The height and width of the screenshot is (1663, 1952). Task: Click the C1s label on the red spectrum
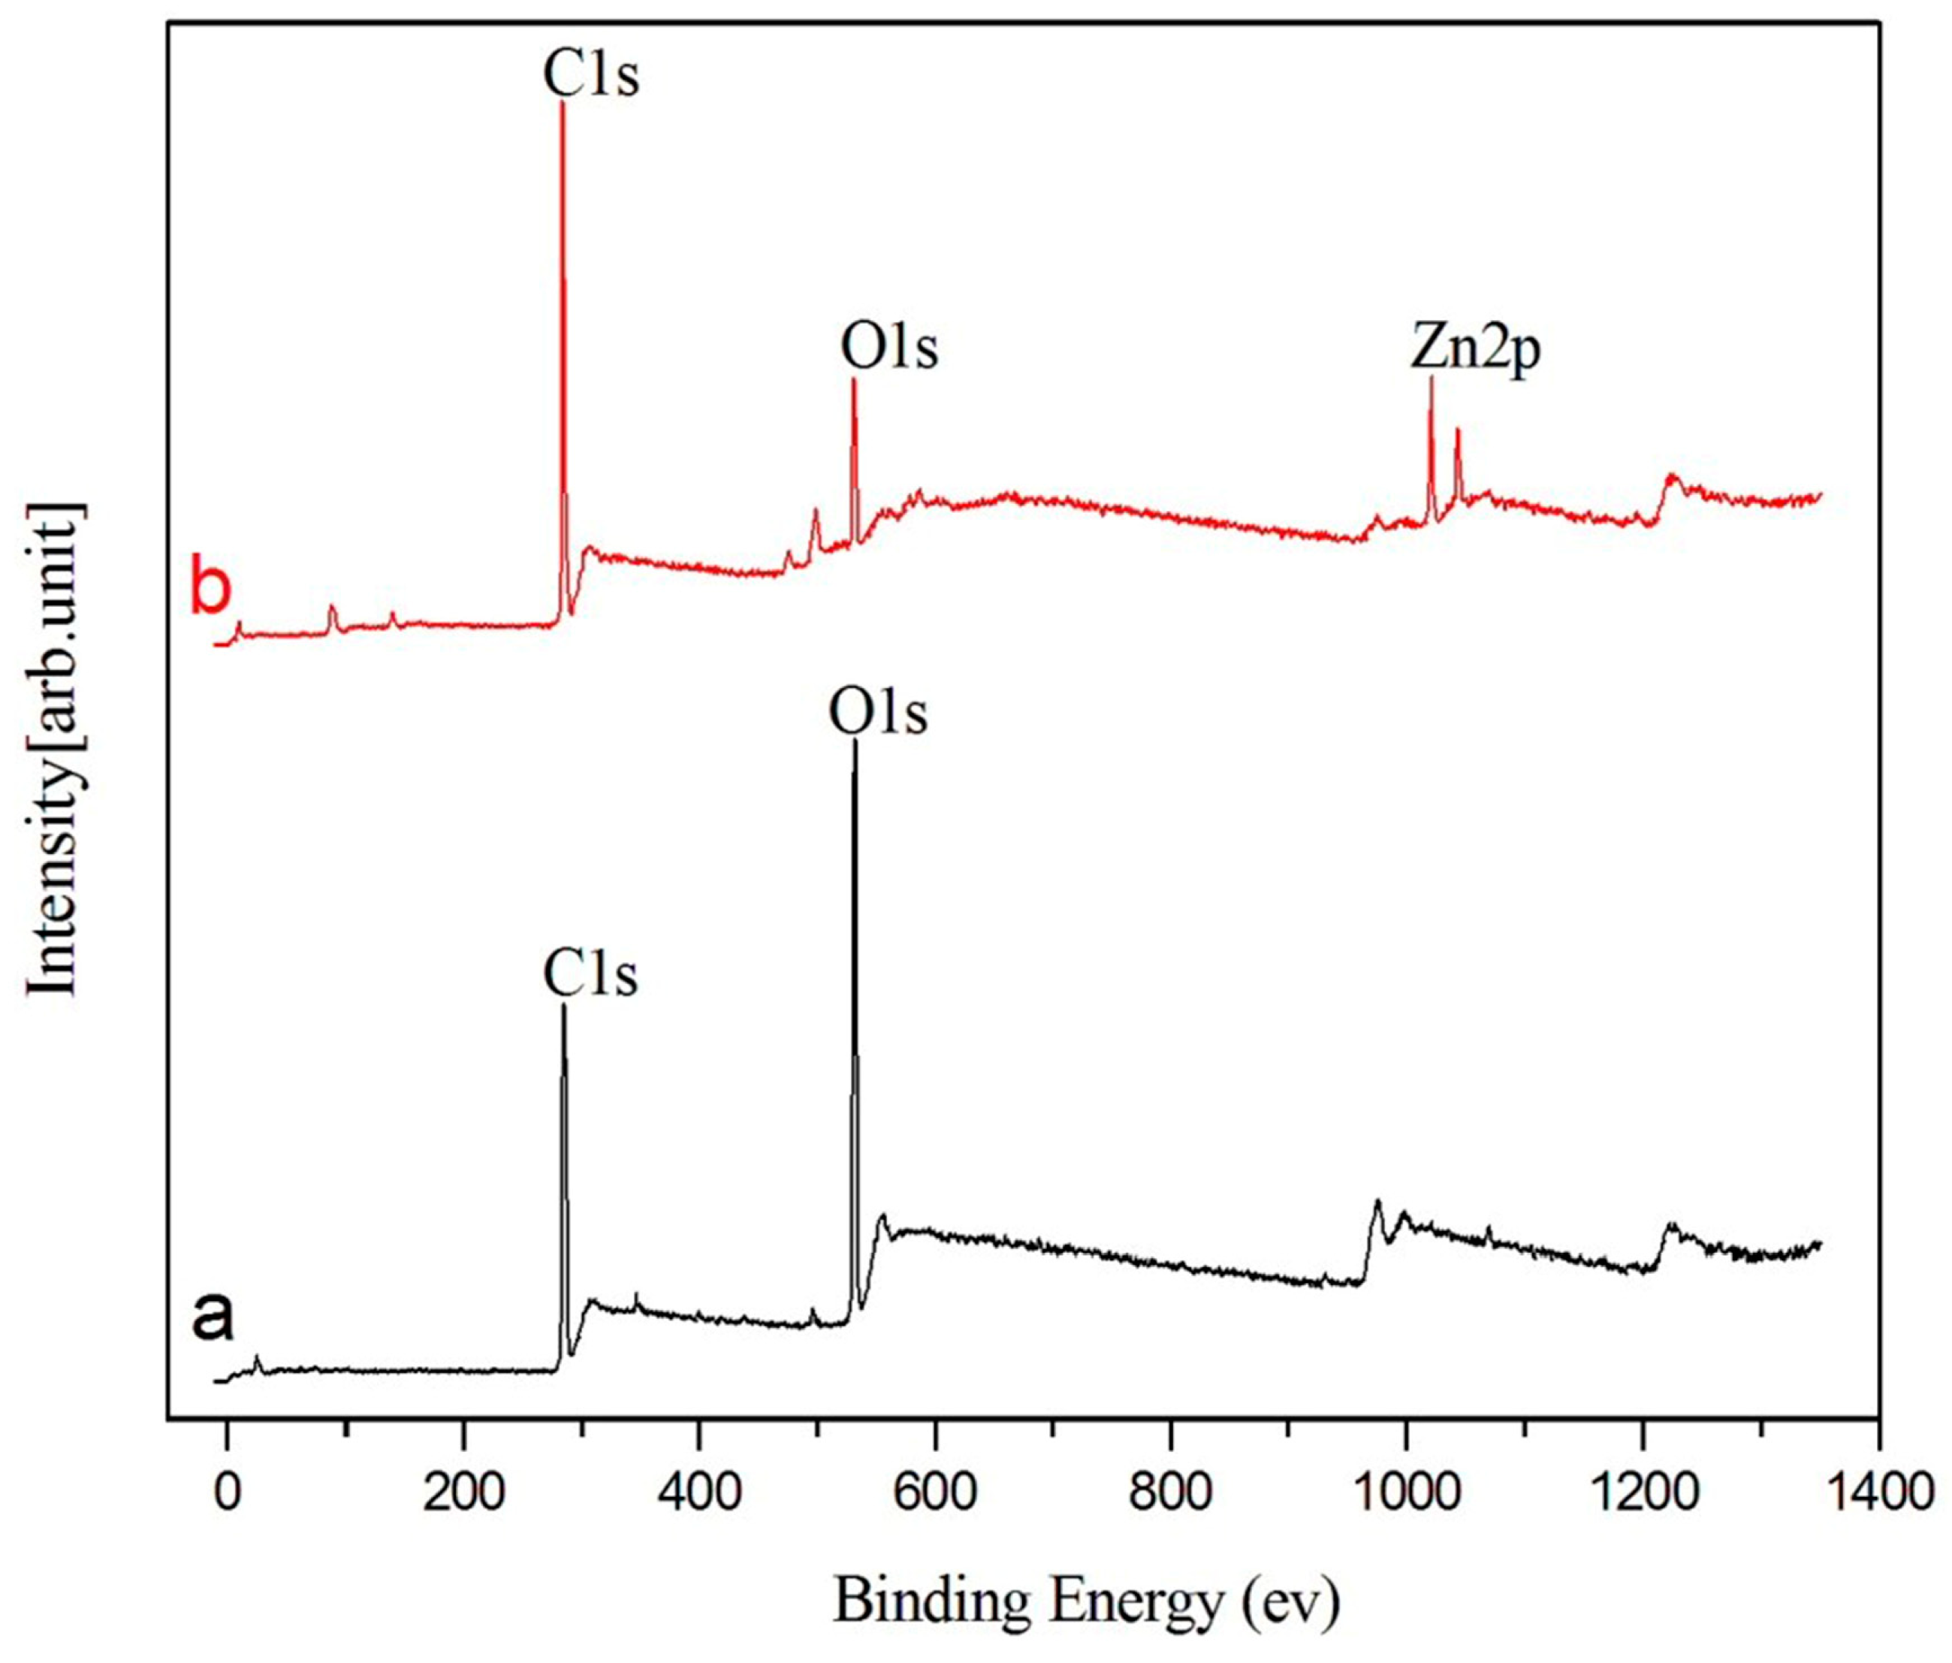(x=590, y=75)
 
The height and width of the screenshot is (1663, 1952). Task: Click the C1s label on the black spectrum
(x=590, y=974)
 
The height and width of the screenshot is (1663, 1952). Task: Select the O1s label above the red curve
(x=889, y=347)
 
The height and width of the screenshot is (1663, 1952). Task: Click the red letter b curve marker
(x=210, y=589)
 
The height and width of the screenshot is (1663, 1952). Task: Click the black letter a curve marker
(x=212, y=1316)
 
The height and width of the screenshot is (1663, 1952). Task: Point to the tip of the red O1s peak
(x=853, y=381)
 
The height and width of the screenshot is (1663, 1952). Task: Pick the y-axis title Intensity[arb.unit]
(x=53, y=748)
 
